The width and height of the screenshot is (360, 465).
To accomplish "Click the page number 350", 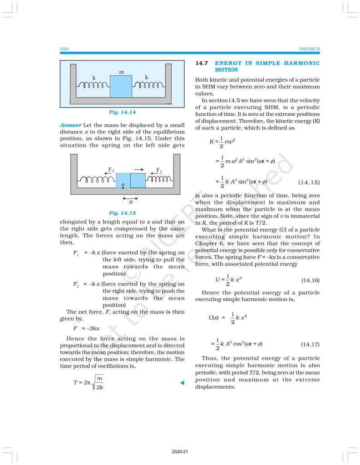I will click(x=64, y=49).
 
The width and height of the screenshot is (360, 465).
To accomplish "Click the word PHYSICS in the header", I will click(x=309, y=49).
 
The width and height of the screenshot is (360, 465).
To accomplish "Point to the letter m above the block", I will click(x=121, y=72).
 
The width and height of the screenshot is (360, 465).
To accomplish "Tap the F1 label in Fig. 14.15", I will click(x=110, y=170).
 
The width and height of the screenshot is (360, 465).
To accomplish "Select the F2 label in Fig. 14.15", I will click(x=159, y=170).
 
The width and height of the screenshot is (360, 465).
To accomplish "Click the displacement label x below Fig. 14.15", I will click(x=130, y=201).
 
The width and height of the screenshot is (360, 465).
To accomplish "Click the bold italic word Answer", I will click(x=70, y=124).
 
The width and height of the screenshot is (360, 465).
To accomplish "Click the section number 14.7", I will click(x=201, y=63).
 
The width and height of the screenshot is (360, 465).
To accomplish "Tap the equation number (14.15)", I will click(x=309, y=182).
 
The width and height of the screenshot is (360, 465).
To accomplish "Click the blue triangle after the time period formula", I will click(x=182, y=383).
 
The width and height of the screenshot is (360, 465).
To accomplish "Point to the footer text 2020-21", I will click(x=180, y=452).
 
